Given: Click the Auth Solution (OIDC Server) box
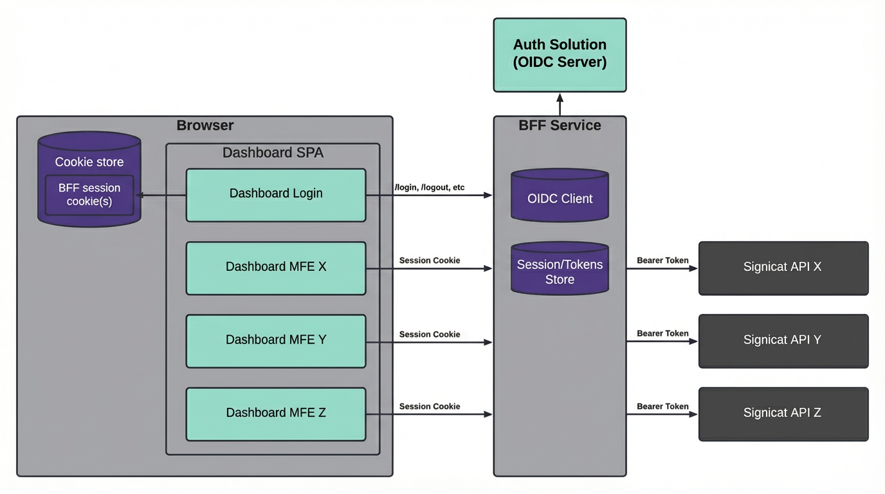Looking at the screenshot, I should click(560, 55).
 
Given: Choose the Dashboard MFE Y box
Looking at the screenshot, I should click(276, 341).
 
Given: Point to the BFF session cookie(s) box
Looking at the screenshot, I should click(89, 195).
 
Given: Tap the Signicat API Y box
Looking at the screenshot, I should click(783, 341).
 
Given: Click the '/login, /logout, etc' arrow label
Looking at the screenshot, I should click(430, 188).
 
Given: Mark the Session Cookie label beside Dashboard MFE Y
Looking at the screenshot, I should click(430, 334).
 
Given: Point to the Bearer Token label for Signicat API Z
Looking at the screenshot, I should click(662, 407).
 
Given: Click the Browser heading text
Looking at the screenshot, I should click(205, 125).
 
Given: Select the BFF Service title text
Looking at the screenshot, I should click(560, 125).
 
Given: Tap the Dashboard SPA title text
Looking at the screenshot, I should click(273, 152).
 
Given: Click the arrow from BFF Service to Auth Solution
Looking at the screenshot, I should click(560, 104).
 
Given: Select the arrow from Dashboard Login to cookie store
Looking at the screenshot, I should click(161, 195).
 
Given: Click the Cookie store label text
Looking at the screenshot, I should click(89, 162).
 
